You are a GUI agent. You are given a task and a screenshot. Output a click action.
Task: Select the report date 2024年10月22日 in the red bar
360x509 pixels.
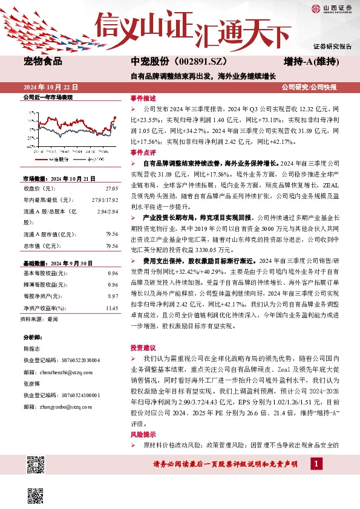click(51, 87)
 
